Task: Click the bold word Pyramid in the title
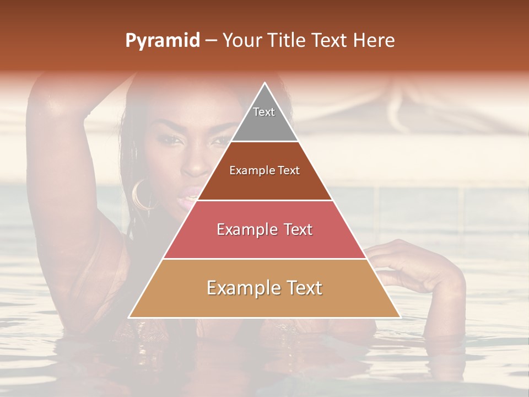(163, 41)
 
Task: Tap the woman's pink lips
(192, 194)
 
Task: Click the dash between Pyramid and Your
(211, 41)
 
